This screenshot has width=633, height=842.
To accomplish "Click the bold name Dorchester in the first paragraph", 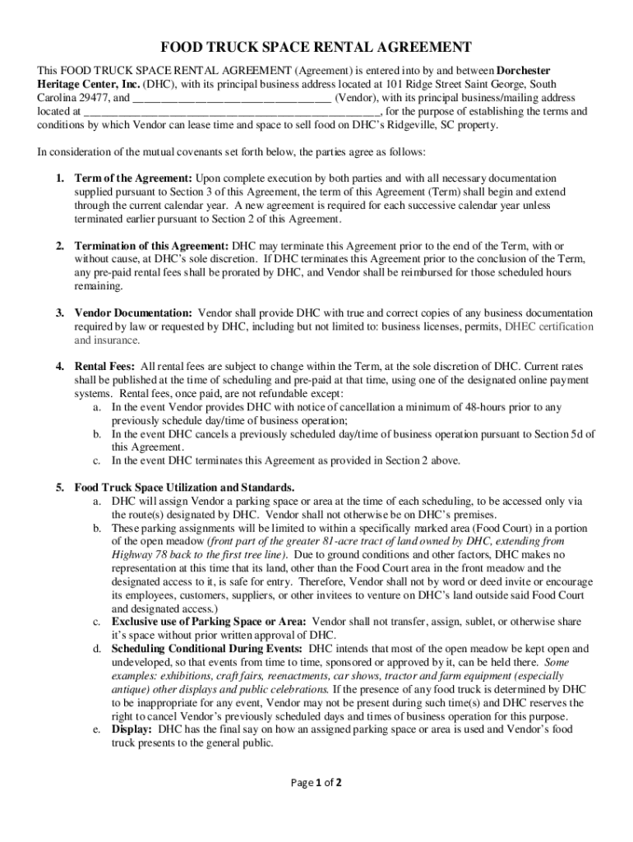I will (x=524, y=71).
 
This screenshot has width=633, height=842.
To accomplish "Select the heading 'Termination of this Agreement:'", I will (x=152, y=246).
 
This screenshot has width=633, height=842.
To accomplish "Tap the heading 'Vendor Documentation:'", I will (x=133, y=313).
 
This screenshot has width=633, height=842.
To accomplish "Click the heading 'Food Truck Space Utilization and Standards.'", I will (x=184, y=488).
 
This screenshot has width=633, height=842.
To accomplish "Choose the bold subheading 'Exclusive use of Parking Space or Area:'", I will (x=210, y=622).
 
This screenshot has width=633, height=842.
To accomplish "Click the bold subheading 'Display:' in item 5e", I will (x=132, y=729).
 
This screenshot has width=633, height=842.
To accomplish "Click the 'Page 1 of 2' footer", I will (x=316, y=782).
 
